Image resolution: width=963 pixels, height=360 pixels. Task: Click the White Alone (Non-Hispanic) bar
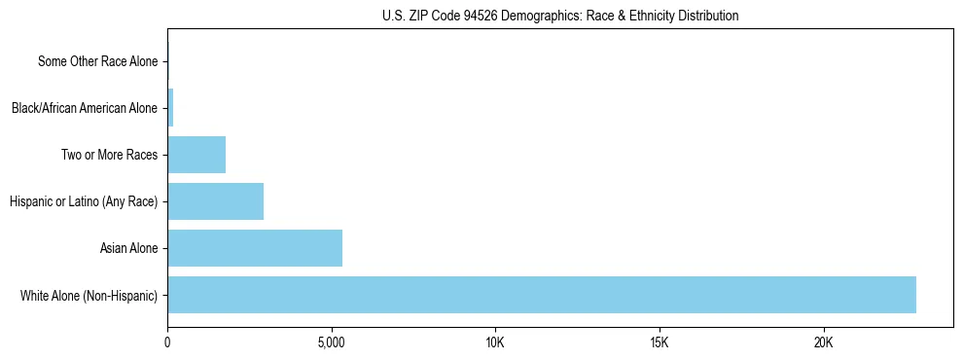coord(542,295)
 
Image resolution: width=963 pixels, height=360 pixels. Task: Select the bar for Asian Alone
coord(255,248)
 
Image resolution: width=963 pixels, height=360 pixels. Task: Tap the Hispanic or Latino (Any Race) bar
coord(215,201)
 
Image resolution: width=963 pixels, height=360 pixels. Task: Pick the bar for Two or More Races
coord(196,155)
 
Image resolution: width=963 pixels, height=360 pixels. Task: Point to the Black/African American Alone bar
coord(170,108)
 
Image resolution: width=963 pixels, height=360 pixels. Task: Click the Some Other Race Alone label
coord(97,61)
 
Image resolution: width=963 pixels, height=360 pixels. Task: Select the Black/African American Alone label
coord(84,108)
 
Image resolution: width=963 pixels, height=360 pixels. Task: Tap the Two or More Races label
coord(109,155)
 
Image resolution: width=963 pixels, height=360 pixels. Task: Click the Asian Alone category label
coord(128,248)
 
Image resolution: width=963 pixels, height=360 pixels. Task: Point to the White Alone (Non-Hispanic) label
coord(89,295)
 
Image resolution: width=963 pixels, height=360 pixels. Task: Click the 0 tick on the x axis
coord(167,342)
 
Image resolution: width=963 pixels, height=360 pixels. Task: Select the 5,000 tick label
coord(332,342)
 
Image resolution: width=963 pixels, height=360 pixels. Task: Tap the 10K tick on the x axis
coord(495,342)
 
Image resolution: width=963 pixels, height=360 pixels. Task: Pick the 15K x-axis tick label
coord(660,342)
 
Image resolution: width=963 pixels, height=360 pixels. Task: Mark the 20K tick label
coord(823,342)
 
